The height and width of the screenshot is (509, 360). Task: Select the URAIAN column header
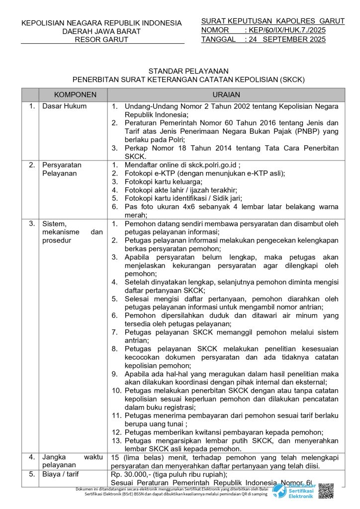coord(226,94)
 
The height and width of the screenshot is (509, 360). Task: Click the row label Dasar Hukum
coord(64,106)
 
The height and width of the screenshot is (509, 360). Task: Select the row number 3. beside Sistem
coord(31,224)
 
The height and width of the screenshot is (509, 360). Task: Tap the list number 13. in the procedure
coord(116,440)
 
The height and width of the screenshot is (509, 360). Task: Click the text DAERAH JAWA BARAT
coord(101,31)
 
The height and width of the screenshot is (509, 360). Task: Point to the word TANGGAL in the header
coord(218,39)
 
